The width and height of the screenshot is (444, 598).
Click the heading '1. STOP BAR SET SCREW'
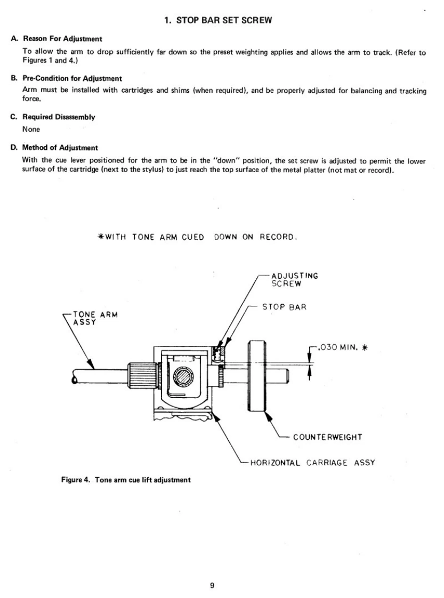222,21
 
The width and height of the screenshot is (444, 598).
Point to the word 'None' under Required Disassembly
31,128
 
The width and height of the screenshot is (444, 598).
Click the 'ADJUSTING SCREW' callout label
294,280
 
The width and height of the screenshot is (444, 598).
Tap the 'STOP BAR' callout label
284,308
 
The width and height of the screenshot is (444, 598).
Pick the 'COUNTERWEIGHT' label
327,437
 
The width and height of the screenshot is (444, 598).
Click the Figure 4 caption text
125,480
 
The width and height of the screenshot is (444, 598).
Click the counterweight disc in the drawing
257,375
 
